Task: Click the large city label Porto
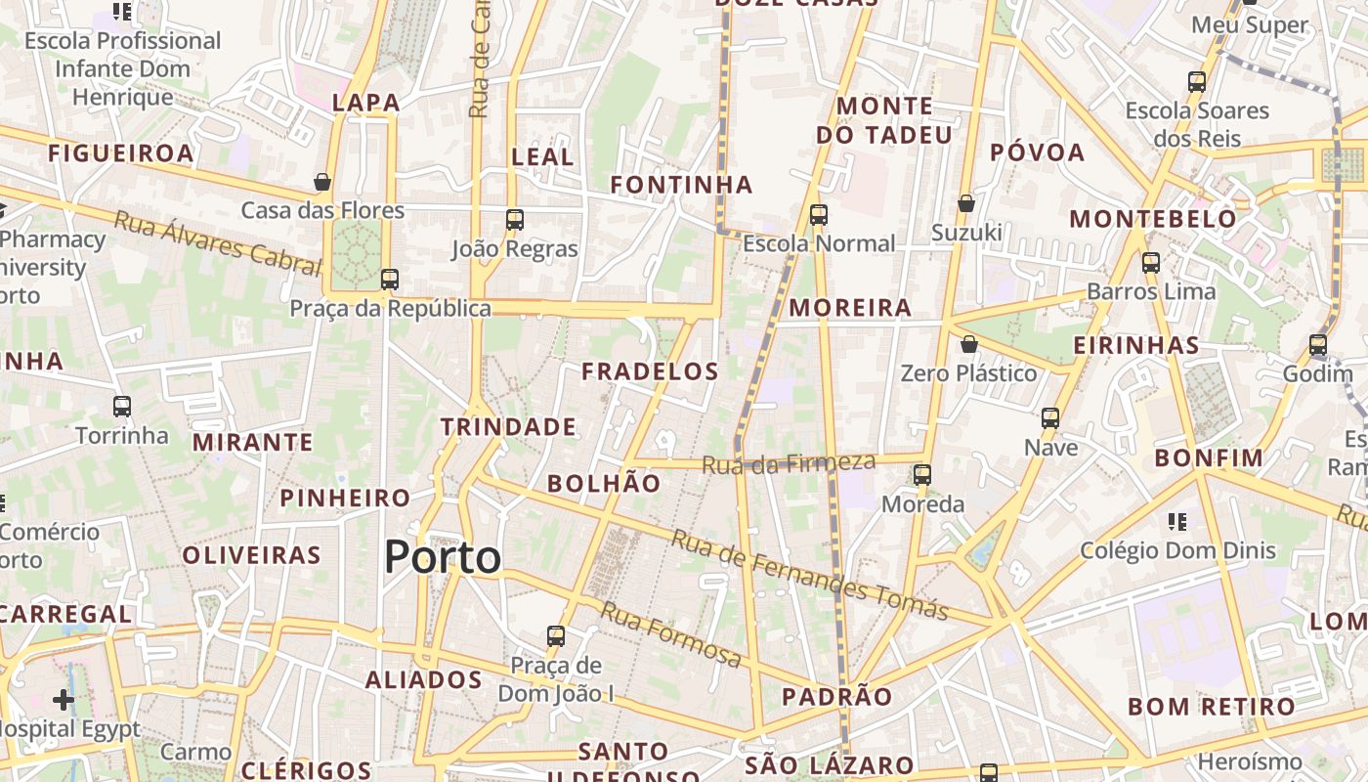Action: tap(443, 557)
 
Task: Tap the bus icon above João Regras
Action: tap(515, 220)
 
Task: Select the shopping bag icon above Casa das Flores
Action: tap(322, 182)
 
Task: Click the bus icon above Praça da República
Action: tap(390, 280)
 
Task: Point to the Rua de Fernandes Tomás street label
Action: tap(810, 576)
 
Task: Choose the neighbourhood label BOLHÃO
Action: tap(604, 483)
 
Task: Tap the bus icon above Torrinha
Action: tap(122, 407)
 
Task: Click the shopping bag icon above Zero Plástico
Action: tap(968, 344)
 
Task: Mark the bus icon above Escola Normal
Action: tap(819, 215)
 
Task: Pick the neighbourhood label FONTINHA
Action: tap(681, 185)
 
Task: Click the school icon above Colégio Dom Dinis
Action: tap(1177, 522)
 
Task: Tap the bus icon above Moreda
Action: tap(922, 476)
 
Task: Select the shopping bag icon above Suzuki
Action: tap(966, 203)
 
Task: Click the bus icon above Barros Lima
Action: tap(1151, 263)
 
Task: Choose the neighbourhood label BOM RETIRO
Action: tap(1212, 707)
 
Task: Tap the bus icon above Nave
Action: tap(1050, 418)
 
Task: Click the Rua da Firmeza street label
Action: tap(789, 462)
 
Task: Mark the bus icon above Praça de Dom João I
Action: tap(556, 636)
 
